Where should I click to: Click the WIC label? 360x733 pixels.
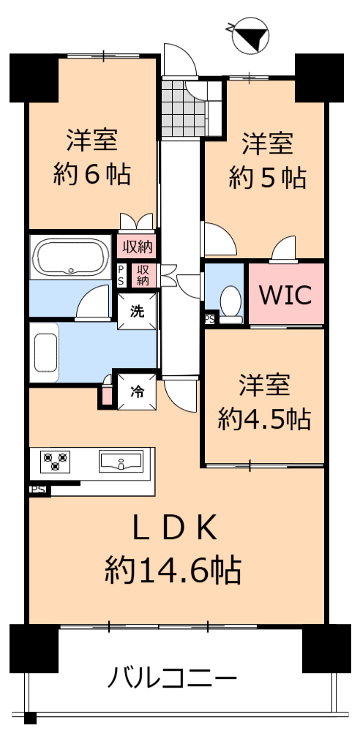pos(285,295)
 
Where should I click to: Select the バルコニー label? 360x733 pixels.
pos(172,677)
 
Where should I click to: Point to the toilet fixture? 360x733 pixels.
pos(230,304)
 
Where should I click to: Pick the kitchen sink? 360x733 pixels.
pos(121,460)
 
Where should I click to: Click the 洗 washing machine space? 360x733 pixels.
pos(137,312)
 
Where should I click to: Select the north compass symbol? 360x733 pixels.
pos(250,34)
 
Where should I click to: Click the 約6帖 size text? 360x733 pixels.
pos(91,176)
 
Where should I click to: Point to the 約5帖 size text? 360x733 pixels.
pos(267,178)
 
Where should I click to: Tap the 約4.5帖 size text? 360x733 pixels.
pos(264,418)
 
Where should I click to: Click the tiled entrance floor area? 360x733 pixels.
pos(183,109)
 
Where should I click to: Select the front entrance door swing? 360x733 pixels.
pos(181,60)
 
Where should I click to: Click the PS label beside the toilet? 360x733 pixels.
pos(209,320)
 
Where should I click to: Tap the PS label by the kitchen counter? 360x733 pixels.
pos(37,490)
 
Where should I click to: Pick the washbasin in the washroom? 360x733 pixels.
pos(45,353)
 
